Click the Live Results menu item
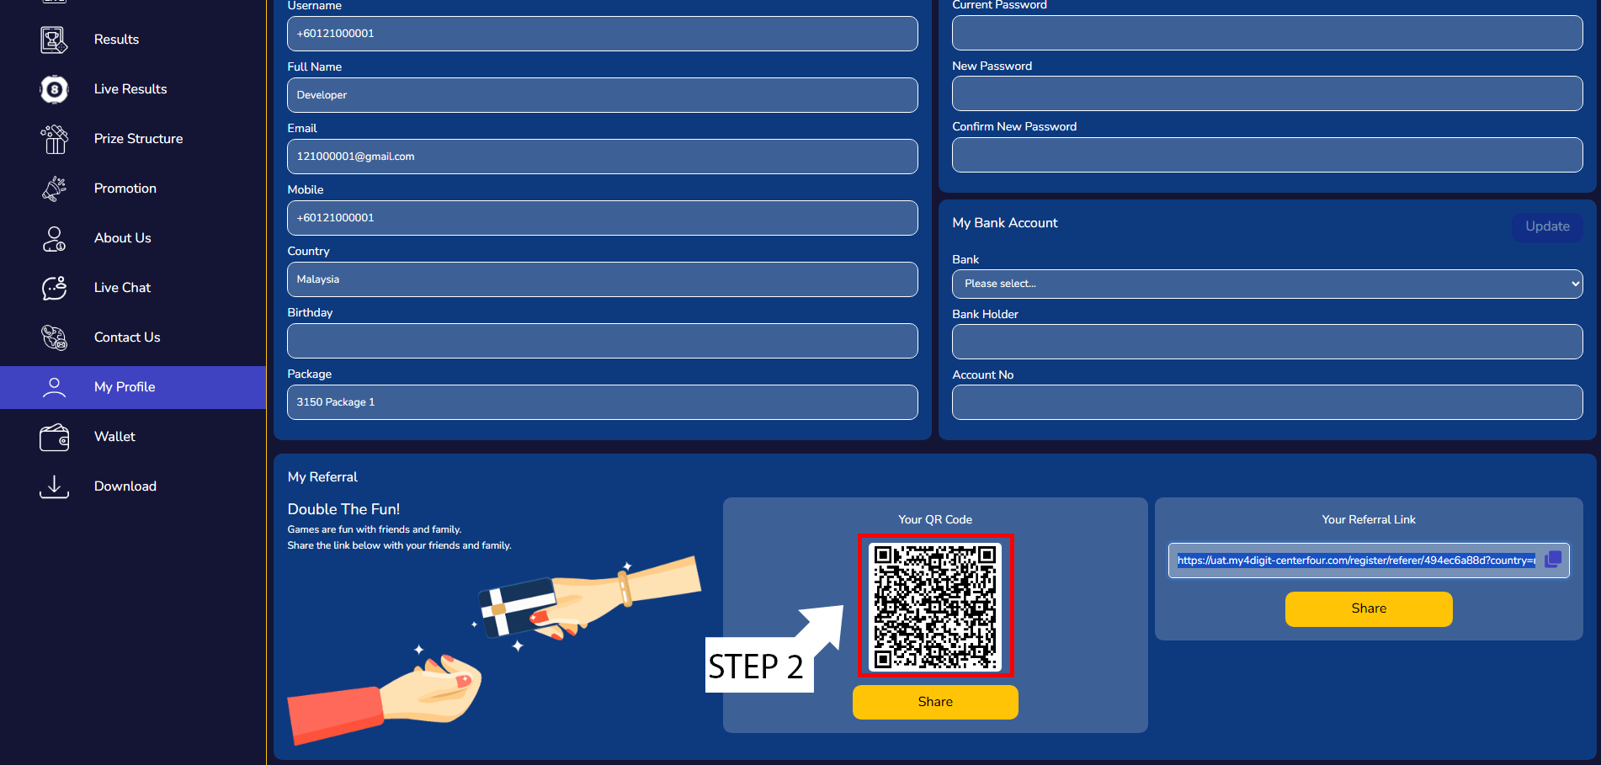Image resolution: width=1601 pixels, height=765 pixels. click(x=130, y=89)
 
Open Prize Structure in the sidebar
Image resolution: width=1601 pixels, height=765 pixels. click(x=138, y=139)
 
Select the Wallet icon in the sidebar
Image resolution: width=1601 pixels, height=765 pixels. click(x=55, y=437)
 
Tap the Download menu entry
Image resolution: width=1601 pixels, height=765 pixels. click(x=125, y=486)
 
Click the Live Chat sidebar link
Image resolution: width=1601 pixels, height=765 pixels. click(x=122, y=288)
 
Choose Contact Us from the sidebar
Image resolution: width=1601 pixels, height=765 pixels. click(x=127, y=337)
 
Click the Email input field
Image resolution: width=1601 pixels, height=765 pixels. click(x=602, y=157)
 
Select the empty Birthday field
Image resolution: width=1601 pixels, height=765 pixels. click(x=602, y=341)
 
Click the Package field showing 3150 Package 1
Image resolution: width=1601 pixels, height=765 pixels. click(x=602, y=402)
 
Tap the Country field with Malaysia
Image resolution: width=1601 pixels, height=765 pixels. click(x=602, y=279)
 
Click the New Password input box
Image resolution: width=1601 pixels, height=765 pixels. click(x=1267, y=93)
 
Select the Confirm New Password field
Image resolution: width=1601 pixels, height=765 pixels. click(x=1267, y=155)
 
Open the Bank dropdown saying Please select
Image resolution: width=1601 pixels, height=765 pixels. click(x=1267, y=284)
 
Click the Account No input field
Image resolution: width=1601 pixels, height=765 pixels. click(x=1267, y=402)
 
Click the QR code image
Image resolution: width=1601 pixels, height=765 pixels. click(x=935, y=606)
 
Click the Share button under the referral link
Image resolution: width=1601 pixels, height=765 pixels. click(x=1369, y=608)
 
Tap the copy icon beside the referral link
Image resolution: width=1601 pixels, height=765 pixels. click(x=1553, y=559)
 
